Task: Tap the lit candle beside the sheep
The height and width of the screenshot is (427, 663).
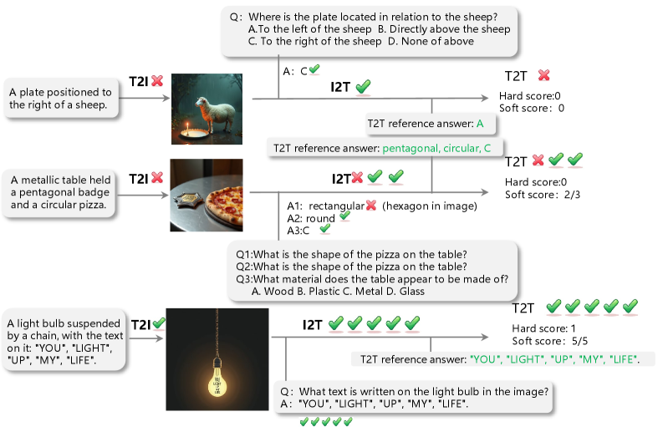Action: point(187,127)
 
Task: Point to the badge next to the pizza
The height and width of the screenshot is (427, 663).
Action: point(190,201)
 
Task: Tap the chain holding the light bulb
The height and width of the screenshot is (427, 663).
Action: point(217,333)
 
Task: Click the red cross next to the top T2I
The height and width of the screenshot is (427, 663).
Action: point(157,80)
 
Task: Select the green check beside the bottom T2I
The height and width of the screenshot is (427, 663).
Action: point(159,323)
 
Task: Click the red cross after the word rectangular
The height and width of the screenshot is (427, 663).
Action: point(371,206)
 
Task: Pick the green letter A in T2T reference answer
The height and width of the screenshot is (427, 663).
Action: point(480,124)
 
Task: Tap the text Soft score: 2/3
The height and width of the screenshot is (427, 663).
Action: point(543,195)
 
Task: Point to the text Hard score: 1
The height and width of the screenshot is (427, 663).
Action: point(543,328)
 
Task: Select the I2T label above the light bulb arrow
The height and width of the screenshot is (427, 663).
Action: point(313,325)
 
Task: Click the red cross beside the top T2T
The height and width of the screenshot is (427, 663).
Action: point(543,75)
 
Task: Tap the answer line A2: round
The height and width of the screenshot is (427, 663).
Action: point(311,219)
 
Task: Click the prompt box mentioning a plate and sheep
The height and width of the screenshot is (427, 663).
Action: point(61,98)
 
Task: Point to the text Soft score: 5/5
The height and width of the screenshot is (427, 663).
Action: point(549,341)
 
